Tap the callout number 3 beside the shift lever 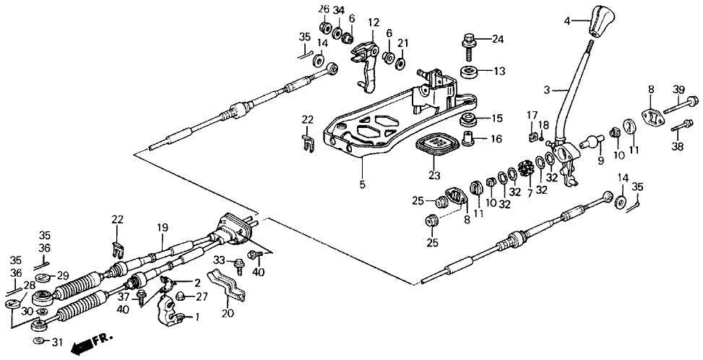pyautogui.click(x=547, y=90)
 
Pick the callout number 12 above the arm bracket pyautogui.click(x=373, y=23)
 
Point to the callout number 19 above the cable pyautogui.click(x=163, y=226)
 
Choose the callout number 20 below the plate pyautogui.click(x=228, y=314)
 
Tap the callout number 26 pyautogui.click(x=324, y=9)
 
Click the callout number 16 pyautogui.click(x=496, y=139)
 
